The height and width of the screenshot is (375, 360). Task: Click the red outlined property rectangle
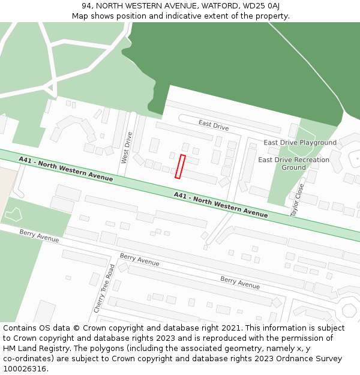[x=180, y=167]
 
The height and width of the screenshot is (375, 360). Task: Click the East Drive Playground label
[x=300, y=143]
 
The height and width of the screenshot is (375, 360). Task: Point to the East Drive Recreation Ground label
[x=293, y=164]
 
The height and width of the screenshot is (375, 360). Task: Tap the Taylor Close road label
[x=296, y=200]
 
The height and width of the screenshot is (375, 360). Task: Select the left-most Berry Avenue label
[x=39, y=236]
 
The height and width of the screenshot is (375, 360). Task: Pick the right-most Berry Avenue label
[x=240, y=283]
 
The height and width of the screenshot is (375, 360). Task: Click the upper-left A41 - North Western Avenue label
[x=65, y=169]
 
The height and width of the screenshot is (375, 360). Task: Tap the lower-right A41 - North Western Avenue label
[x=221, y=205]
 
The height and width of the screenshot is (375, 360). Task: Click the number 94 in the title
[x=88, y=6]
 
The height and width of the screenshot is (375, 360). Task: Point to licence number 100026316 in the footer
[x=25, y=368]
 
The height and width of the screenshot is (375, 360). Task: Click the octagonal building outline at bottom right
[x=349, y=311]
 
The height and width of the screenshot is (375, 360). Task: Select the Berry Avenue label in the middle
[x=139, y=260]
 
